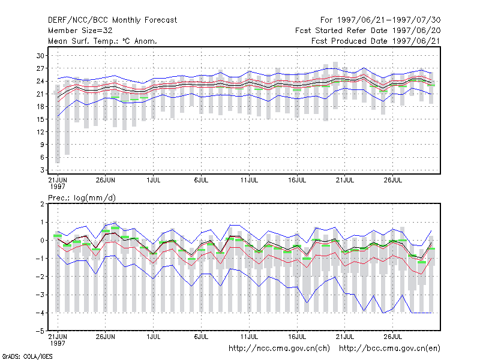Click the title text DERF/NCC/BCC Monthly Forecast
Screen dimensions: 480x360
[x=112, y=20]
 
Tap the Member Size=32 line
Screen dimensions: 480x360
[x=80, y=31]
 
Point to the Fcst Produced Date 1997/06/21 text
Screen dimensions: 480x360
[x=376, y=41]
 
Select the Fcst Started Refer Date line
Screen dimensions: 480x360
[x=368, y=31]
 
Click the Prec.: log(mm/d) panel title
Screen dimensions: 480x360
[x=82, y=198]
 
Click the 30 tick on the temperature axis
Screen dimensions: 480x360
[x=40, y=56]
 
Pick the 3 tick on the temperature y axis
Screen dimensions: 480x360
[x=42, y=170]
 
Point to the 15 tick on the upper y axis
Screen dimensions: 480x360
[x=40, y=119]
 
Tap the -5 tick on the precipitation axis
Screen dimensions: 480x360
[x=40, y=331]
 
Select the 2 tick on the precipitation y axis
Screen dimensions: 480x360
[x=42, y=204]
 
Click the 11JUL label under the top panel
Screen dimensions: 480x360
[x=249, y=180]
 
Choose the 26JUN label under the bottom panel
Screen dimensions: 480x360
[x=106, y=337]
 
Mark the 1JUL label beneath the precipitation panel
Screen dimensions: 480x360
[x=154, y=337]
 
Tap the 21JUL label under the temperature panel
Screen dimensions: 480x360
[x=345, y=180]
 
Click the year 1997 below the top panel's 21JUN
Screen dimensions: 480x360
[x=58, y=187]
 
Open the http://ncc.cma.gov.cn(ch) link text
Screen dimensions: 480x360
[x=279, y=349]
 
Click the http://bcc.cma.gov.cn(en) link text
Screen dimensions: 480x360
[x=389, y=349]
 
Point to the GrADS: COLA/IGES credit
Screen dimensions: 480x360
[x=27, y=356]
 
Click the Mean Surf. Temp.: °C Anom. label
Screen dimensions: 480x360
[x=103, y=41]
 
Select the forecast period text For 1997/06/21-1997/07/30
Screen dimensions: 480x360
[x=380, y=20]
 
